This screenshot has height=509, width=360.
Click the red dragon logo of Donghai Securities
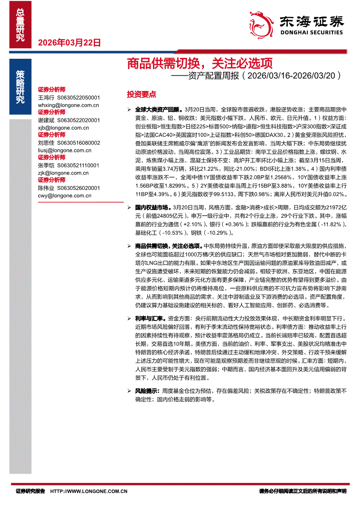pyautogui.click(x=258, y=22)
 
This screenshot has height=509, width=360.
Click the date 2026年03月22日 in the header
pyautogui.click(x=70, y=43)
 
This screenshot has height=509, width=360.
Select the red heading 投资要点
pyautogui.click(x=141, y=94)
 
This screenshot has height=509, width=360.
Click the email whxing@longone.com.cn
pyautogui.click(x=68, y=105)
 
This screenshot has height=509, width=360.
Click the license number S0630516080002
pyautogui.click(x=81, y=143)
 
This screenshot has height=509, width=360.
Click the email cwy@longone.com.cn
pyautogui.click(x=65, y=196)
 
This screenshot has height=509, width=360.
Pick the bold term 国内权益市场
pyautogui.click(x=153, y=209)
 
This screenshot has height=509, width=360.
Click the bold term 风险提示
pyautogui.click(x=147, y=391)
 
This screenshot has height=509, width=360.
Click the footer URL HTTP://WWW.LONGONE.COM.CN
pyautogui.click(x=89, y=491)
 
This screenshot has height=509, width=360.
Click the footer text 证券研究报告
pyautogui.click(x=31, y=491)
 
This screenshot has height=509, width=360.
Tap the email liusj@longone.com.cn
pyautogui.click(x=65, y=150)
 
